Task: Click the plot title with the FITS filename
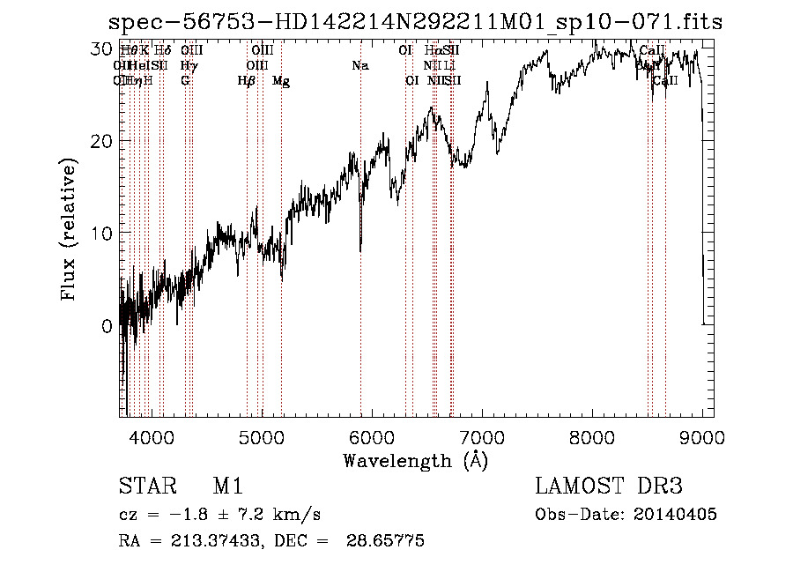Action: pos(415,22)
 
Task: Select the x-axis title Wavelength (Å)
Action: pos(415,459)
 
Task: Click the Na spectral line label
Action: pos(359,65)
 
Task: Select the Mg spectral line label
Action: pos(281,81)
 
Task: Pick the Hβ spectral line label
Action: pos(246,81)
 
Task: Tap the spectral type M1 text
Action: pos(226,487)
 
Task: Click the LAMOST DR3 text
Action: pos(609,487)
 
